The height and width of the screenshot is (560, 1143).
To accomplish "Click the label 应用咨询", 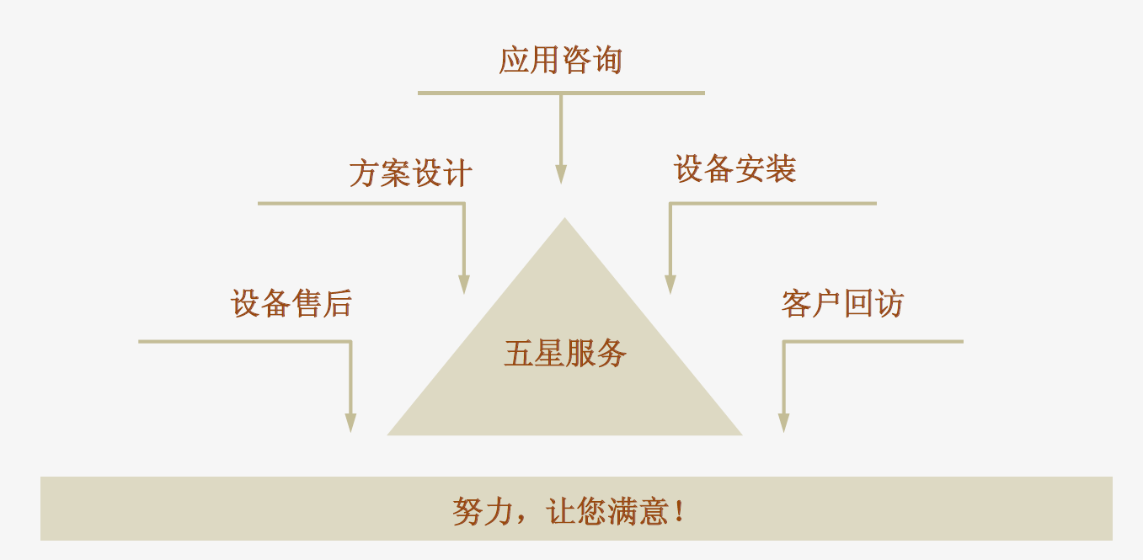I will tap(560, 61).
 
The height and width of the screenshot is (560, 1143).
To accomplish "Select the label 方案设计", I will tap(410, 173).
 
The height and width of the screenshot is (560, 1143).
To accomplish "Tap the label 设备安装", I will tap(734, 169).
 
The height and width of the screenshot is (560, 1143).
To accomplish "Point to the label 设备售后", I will tap(291, 303).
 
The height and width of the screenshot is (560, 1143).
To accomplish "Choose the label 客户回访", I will tap(841, 303).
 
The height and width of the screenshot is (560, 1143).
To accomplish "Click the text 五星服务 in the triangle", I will tap(565, 353).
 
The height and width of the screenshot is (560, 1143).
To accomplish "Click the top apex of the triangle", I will tap(564, 221).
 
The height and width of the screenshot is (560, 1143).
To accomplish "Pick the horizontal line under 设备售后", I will tap(244, 341).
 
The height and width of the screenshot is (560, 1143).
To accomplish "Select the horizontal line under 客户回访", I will tap(873, 341).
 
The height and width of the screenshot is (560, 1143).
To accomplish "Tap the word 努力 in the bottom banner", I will tap(483, 511).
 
